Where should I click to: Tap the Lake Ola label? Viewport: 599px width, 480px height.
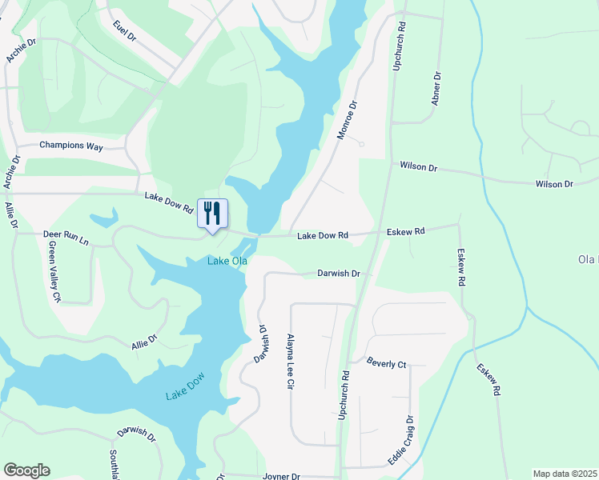pyautogui.click(x=227, y=262)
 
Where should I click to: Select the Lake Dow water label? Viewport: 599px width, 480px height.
pyautogui.click(x=187, y=394)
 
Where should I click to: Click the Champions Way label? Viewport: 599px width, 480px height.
pyautogui.click(x=71, y=146)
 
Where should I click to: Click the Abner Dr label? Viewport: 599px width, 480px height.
pyautogui.click(x=436, y=89)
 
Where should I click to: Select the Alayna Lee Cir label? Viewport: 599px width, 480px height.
pyautogui.click(x=291, y=362)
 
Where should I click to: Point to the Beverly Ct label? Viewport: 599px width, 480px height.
pyautogui.click(x=387, y=364)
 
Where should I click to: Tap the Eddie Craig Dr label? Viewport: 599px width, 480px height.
pyautogui.click(x=400, y=441)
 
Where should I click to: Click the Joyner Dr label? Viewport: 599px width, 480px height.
pyautogui.click(x=280, y=476)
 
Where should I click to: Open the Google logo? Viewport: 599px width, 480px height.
pyautogui.click(x=26, y=470)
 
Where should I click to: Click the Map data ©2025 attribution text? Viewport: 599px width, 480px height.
pyautogui.click(x=564, y=474)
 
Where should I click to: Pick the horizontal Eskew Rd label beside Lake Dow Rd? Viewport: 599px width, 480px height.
pyautogui.click(x=405, y=232)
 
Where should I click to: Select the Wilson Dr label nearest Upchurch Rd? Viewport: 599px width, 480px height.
pyautogui.click(x=419, y=168)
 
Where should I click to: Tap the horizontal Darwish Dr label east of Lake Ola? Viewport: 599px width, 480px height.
pyautogui.click(x=339, y=273)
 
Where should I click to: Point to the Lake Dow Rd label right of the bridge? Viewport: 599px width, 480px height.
pyautogui.click(x=323, y=236)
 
